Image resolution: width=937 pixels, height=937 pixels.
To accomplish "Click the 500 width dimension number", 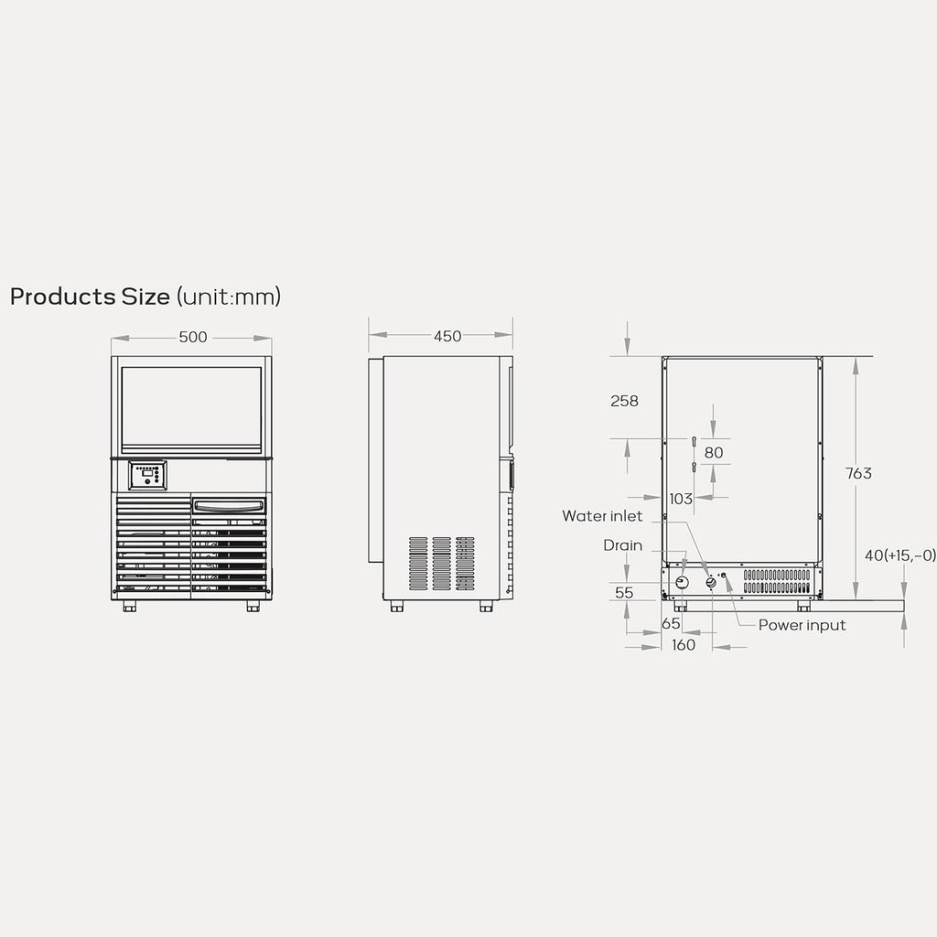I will pyautogui.click(x=192, y=338).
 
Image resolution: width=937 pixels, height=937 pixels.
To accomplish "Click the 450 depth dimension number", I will pyautogui.click(x=447, y=337).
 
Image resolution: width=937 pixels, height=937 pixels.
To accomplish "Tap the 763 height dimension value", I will pyautogui.click(x=858, y=473).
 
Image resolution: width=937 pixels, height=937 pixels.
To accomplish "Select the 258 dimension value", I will pyautogui.click(x=624, y=401).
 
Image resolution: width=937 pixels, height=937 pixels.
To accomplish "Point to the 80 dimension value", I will pyautogui.click(x=714, y=452).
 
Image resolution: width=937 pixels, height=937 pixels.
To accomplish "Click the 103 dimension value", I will pyautogui.click(x=681, y=499).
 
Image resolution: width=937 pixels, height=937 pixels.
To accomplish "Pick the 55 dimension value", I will pyautogui.click(x=624, y=592).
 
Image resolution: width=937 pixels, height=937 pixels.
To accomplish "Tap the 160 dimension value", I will pyautogui.click(x=683, y=645).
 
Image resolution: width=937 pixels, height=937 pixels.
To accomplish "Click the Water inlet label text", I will pyautogui.click(x=602, y=516).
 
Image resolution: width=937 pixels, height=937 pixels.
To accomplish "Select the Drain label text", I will pyautogui.click(x=622, y=545).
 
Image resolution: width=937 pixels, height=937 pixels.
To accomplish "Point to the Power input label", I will pyautogui.click(x=802, y=625).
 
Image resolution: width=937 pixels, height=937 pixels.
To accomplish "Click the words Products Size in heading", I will pyautogui.click(x=90, y=296).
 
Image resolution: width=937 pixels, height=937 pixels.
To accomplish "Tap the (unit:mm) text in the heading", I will pyautogui.click(x=229, y=296).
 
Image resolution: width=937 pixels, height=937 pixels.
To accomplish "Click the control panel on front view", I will pyautogui.click(x=147, y=475).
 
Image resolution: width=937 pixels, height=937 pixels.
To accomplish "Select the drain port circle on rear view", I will pyautogui.click(x=683, y=583).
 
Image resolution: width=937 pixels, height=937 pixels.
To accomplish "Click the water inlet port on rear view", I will pyautogui.click(x=711, y=583).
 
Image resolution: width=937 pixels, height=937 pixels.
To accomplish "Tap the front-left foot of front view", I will pyautogui.click(x=129, y=606).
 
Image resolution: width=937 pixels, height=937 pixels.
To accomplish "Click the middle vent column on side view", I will pyautogui.click(x=442, y=563).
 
